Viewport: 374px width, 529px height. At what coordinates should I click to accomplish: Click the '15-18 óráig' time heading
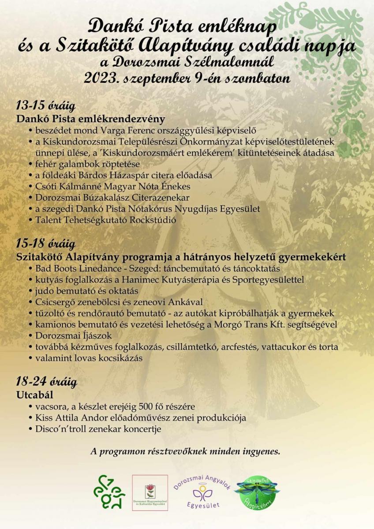click(45, 243)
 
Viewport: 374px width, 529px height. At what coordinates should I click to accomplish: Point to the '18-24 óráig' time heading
click(46, 380)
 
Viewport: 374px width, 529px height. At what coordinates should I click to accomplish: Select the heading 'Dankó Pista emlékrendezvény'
click(90, 119)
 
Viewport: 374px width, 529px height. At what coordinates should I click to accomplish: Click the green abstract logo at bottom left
click(109, 493)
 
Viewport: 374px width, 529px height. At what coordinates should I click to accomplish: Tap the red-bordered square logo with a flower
click(150, 493)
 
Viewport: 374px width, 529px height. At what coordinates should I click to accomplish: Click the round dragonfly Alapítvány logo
click(256, 492)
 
